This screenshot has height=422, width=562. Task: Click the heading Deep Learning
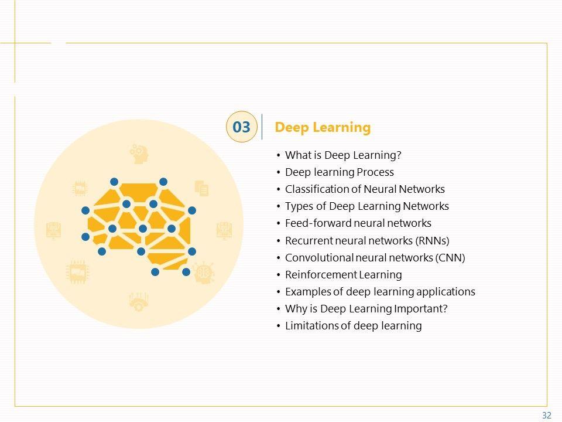click(323, 127)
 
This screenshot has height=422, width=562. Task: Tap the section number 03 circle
click(241, 127)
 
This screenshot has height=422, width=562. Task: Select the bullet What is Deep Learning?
click(343, 155)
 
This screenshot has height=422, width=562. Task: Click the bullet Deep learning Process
click(339, 172)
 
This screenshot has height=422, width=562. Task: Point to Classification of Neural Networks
click(365, 189)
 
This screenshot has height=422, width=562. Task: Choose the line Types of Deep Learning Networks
click(366, 206)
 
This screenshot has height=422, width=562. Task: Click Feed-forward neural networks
click(358, 223)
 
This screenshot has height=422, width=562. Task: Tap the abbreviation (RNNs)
click(432, 240)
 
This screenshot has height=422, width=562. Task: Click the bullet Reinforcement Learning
click(343, 274)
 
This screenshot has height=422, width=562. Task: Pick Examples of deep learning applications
click(380, 291)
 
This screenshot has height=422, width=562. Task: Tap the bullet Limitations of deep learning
click(353, 325)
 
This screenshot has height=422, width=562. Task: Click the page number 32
click(547, 416)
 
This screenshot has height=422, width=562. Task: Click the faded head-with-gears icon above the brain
click(139, 154)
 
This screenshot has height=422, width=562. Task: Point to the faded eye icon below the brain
click(138, 302)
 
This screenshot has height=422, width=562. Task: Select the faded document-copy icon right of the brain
click(201, 188)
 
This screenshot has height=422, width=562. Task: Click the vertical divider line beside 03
click(262, 127)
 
